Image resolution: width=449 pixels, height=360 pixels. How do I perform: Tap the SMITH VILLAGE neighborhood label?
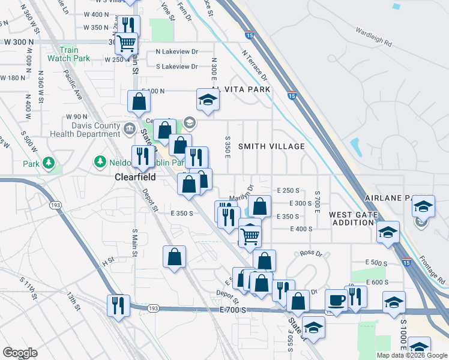click(271, 146)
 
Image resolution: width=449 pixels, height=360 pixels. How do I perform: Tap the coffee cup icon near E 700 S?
click(336, 301)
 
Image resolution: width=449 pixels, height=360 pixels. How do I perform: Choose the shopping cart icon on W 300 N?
click(126, 43)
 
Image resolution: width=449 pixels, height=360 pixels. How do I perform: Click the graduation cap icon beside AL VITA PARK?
click(208, 100)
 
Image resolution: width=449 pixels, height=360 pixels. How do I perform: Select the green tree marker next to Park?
click(48, 163)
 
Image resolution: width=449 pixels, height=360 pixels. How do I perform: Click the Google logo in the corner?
click(20, 353)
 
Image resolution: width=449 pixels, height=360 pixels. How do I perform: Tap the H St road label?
click(108, 261)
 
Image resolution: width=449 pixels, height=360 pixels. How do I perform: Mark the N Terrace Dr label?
click(255, 65)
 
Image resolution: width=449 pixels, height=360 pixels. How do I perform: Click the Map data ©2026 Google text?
click(411, 355)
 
